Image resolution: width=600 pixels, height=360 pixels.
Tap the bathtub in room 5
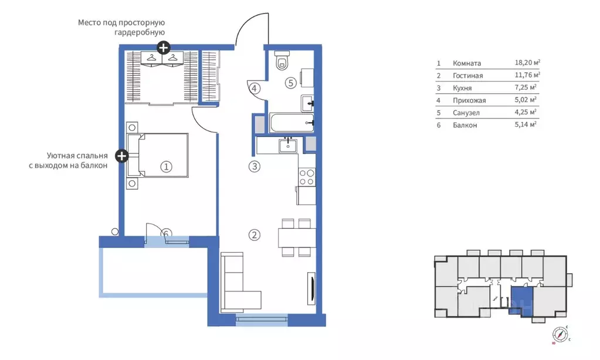(292, 123)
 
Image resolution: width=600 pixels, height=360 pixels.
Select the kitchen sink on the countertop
(288, 145)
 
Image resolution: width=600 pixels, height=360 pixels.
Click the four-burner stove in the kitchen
(307, 176)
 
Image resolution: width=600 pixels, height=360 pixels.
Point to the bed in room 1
(158, 155)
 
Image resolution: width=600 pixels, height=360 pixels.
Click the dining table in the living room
(297, 237)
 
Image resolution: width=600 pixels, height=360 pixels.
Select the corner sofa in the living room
(239, 281)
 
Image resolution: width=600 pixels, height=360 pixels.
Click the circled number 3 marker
(255, 167)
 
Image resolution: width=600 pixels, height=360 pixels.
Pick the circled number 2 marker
(255, 235)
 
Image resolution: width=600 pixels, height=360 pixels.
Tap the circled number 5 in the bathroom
(291, 83)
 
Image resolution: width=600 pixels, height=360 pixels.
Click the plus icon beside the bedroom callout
(121, 156)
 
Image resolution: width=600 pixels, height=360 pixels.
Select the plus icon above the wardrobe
(164, 48)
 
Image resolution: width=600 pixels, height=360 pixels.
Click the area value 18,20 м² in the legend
(527, 62)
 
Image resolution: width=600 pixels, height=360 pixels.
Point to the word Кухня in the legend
(462, 88)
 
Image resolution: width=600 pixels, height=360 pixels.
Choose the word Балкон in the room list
(465, 125)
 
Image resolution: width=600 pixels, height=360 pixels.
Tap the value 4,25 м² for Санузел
(526, 112)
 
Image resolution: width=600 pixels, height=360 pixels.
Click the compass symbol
(560, 335)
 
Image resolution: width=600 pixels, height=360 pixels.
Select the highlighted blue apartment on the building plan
(521, 301)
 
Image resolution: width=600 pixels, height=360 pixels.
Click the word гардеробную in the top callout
(140, 32)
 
